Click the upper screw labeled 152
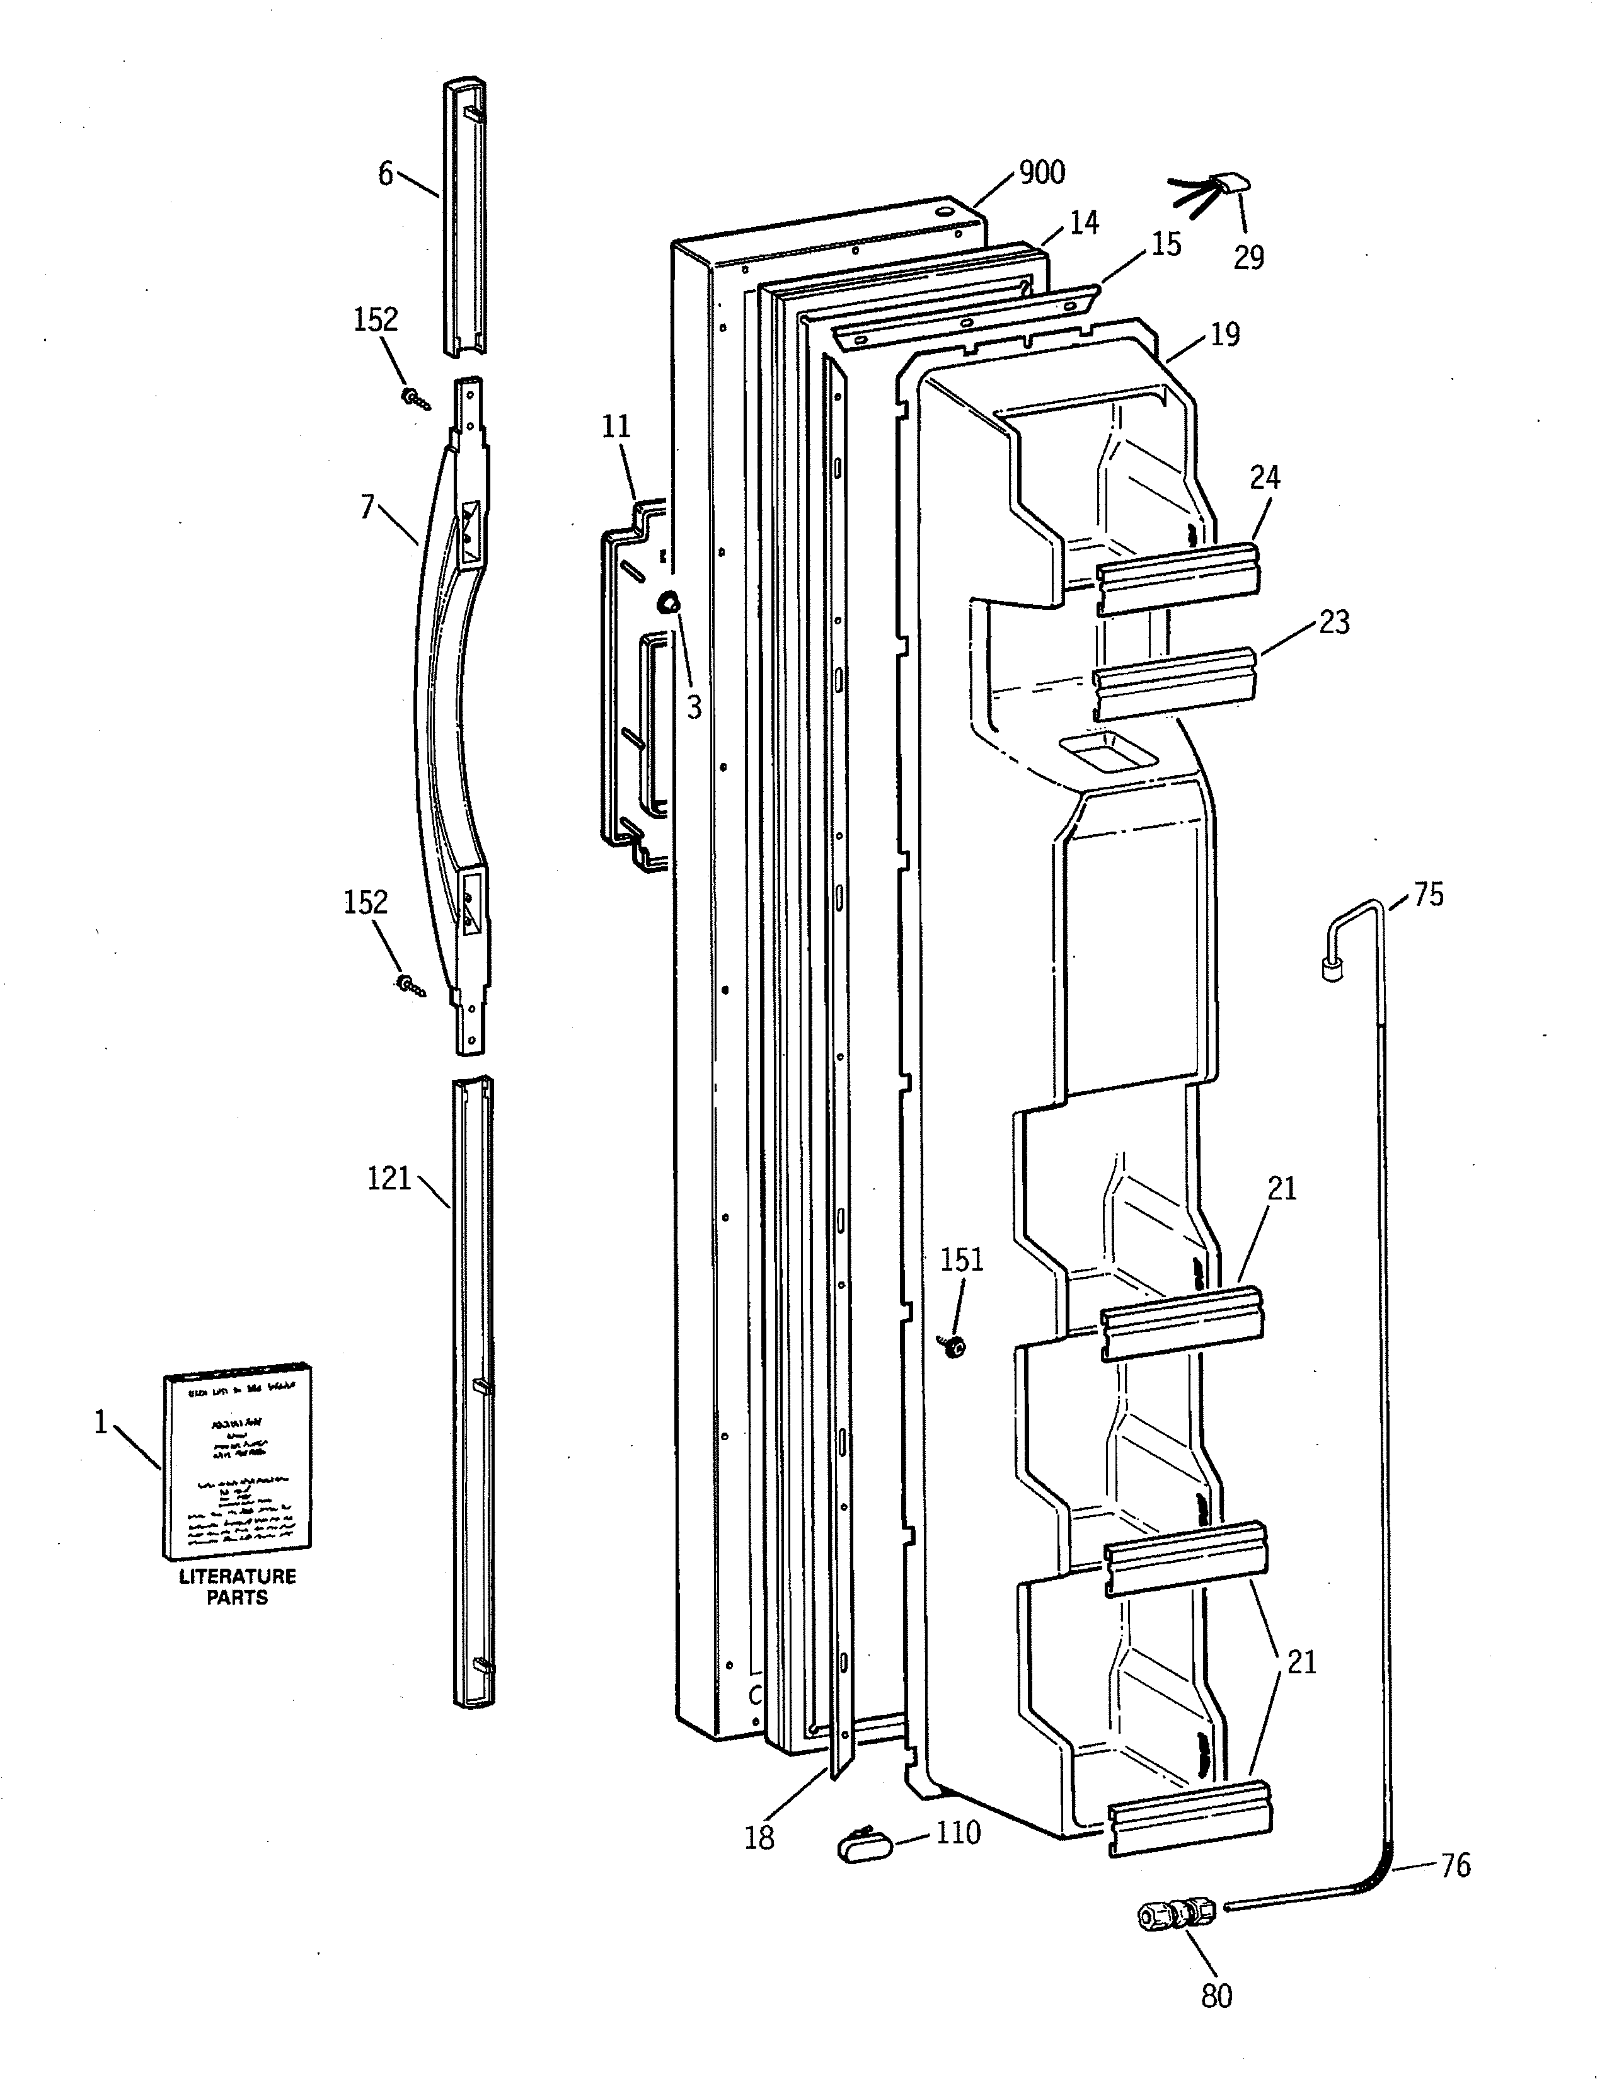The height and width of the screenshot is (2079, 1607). pyautogui.click(x=415, y=396)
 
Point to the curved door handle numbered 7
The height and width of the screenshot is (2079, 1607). pyautogui.click(x=447, y=667)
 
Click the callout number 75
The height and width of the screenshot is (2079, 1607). pyautogui.click(x=1428, y=895)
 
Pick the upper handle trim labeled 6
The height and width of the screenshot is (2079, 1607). pyautogui.click(x=464, y=219)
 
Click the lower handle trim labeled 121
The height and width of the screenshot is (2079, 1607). pyautogui.click(x=473, y=1390)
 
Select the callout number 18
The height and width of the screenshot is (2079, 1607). pyautogui.click(x=759, y=1838)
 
